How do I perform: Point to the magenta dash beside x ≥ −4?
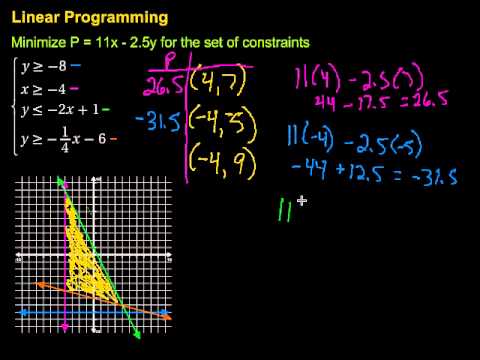click(75, 89)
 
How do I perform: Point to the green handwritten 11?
click(286, 206)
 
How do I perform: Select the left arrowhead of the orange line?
click(38, 285)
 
